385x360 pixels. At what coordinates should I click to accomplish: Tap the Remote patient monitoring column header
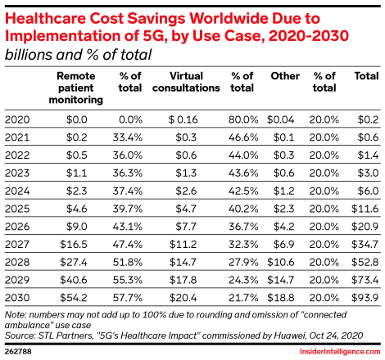[79, 88]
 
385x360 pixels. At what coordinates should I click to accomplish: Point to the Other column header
[284, 76]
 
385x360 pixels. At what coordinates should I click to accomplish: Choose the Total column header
[365, 76]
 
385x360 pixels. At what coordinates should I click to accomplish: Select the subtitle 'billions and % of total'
[79, 54]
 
